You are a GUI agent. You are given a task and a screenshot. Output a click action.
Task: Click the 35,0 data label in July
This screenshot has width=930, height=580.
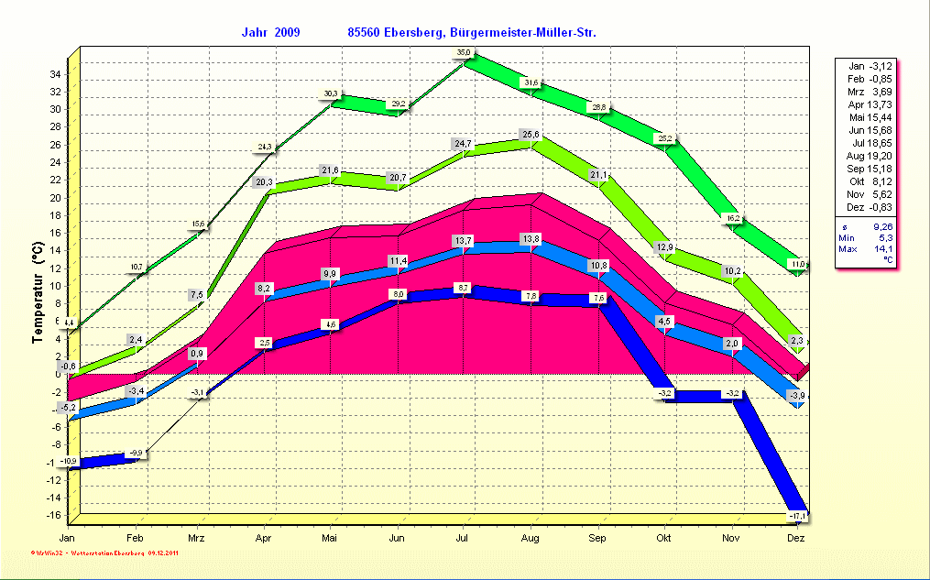click(465, 53)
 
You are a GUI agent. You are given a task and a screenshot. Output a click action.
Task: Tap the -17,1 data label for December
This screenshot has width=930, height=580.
click(797, 517)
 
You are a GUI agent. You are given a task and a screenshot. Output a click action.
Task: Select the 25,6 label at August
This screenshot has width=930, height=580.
click(531, 135)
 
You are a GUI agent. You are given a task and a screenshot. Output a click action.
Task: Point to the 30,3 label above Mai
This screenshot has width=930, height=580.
click(331, 93)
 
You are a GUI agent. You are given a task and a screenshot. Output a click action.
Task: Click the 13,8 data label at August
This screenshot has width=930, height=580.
click(531, 238)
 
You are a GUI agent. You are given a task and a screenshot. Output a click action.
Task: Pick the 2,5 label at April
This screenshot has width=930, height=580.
click(265, 343)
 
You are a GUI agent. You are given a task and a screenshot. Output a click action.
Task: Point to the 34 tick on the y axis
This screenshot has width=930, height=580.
click(56, 74)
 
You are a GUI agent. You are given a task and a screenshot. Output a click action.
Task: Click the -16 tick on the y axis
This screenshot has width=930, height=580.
click(54, 515)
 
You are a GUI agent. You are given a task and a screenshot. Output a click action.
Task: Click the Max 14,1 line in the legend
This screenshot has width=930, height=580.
click(866, 249)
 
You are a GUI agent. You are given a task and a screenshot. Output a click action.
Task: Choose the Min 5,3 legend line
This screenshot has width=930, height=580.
click(866, 236)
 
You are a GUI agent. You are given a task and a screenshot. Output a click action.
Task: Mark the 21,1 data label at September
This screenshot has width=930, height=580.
click(597, 174)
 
